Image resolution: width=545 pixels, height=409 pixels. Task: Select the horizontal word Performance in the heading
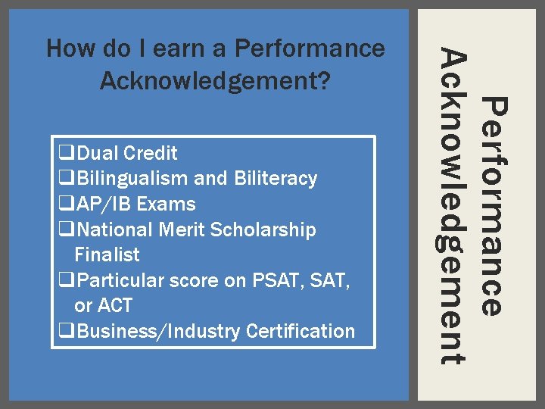310,49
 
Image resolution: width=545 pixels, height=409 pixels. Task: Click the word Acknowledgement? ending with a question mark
216,80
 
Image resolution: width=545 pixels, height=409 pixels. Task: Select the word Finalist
107,255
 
